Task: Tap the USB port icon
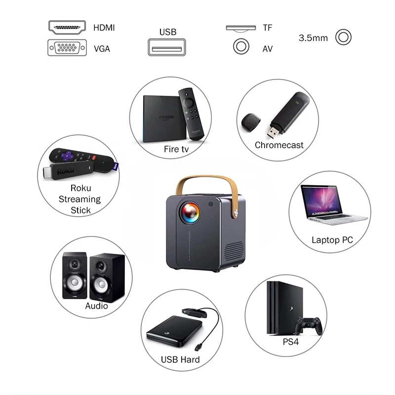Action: [167, 48]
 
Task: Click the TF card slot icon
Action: [241, 28]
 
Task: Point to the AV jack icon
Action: [241, 47]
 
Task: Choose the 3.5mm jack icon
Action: [343, 37]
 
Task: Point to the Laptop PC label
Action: [332, 240]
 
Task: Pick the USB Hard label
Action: [180, 359]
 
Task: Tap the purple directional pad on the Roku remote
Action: [68, 157]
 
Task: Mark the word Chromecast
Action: [279, 145]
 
